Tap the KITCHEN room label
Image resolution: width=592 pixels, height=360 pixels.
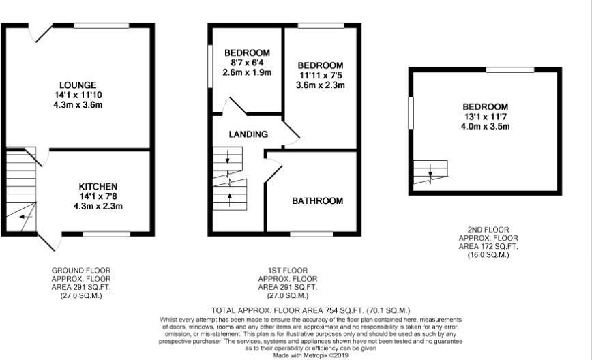click(98, 186)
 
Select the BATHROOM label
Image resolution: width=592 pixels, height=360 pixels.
click(318, 200)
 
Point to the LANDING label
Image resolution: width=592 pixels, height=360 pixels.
click(248, 134)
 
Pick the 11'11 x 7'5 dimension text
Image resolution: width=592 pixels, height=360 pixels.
click(320, 76)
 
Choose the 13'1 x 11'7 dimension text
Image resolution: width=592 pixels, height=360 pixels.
click(485, 117)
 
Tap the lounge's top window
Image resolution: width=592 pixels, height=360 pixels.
click(101, 26)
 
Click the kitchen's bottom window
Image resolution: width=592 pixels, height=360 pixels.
click(106, 234)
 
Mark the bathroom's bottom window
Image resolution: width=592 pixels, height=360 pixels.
click(311, 234)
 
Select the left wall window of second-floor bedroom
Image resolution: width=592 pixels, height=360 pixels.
click(411, 112)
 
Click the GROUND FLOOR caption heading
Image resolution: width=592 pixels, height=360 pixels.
click(81, 271)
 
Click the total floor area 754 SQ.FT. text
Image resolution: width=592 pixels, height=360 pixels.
click(311, 310)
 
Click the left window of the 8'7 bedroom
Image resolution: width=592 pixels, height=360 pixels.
click(210, 66)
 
